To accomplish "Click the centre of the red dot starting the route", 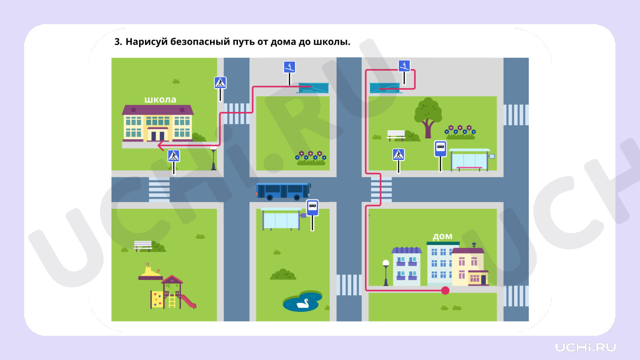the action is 445,290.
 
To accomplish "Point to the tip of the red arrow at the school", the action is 158,146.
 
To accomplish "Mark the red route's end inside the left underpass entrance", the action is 311,86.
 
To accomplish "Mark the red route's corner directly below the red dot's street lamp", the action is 366,290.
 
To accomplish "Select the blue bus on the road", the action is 283,191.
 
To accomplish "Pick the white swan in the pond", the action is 303,303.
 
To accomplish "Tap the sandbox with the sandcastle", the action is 150,272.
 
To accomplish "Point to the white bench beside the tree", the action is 396,135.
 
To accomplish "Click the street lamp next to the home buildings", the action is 386,273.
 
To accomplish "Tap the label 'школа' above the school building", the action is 160,99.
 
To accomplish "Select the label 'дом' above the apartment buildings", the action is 443,236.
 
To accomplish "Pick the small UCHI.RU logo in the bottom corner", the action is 585,347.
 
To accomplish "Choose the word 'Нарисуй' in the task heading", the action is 146,42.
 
